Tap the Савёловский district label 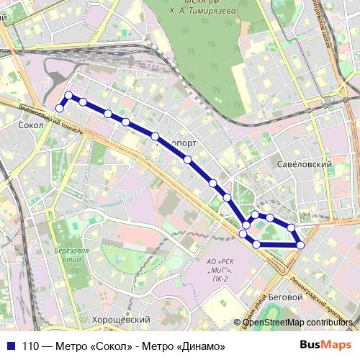[303, 165]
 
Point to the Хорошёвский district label [120, 319]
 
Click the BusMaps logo [320, 345]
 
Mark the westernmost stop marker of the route [60, 109]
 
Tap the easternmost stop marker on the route [300, 245]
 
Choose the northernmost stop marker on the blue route [68, 95]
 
